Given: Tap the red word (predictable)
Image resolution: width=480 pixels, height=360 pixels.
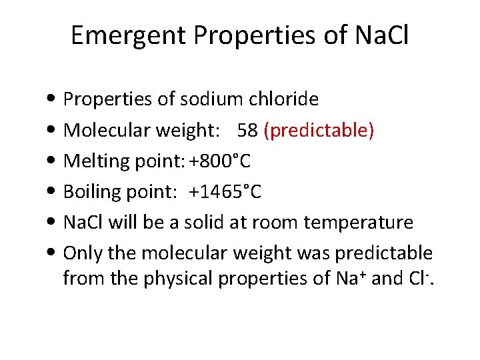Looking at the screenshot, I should pos(319,131).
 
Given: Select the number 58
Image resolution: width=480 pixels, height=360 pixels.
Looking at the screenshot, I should pos(247,131).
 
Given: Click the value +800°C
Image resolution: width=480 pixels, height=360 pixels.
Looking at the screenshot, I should pos(220,161).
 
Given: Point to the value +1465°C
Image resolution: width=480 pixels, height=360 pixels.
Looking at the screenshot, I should pos(225,192).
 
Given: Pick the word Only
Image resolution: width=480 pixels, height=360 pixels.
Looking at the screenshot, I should pos(80,253).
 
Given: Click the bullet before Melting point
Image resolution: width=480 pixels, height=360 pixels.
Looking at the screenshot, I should pos(52,162).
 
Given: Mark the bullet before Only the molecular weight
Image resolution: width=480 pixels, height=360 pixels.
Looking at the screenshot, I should pos(52,254).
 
